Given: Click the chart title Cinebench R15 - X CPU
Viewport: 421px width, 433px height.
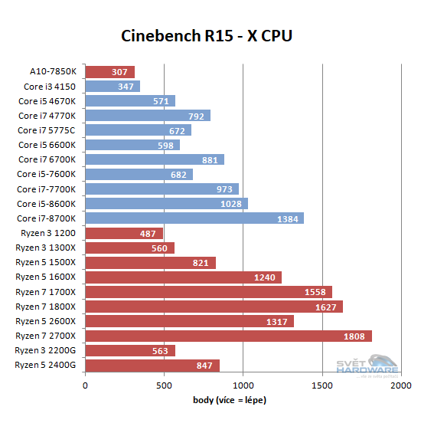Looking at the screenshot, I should click(x=207, y=36).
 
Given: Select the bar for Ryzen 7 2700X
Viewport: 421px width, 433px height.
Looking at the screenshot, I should click(x=228, y=336).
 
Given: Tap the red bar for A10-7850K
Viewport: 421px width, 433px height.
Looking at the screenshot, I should click(x=109, y=72).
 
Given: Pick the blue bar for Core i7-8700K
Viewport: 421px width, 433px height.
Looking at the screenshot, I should click(x=194, y=218).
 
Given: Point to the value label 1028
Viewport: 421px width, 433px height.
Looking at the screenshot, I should click(x=231, y=204).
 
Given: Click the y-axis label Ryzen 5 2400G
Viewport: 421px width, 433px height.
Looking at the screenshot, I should click(x=45, y=365).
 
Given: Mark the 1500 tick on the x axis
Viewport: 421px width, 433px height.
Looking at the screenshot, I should click(x=322, y=385).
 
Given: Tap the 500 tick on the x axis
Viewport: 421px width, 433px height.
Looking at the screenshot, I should click(x=165, y=385).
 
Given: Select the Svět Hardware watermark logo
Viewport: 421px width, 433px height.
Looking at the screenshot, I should click(x=372, y=366).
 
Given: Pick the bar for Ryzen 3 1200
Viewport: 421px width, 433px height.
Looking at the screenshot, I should click(x=124, y=233).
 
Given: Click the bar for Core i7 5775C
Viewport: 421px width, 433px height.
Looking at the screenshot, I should click(x=138, y=130).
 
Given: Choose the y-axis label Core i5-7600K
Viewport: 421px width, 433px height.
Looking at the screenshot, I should click(x=47, y=174).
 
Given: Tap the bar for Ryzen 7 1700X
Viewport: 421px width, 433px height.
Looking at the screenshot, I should click(x=208, y=292).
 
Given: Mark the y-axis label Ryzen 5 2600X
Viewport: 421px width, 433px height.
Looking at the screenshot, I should click(x=46, y=321).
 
